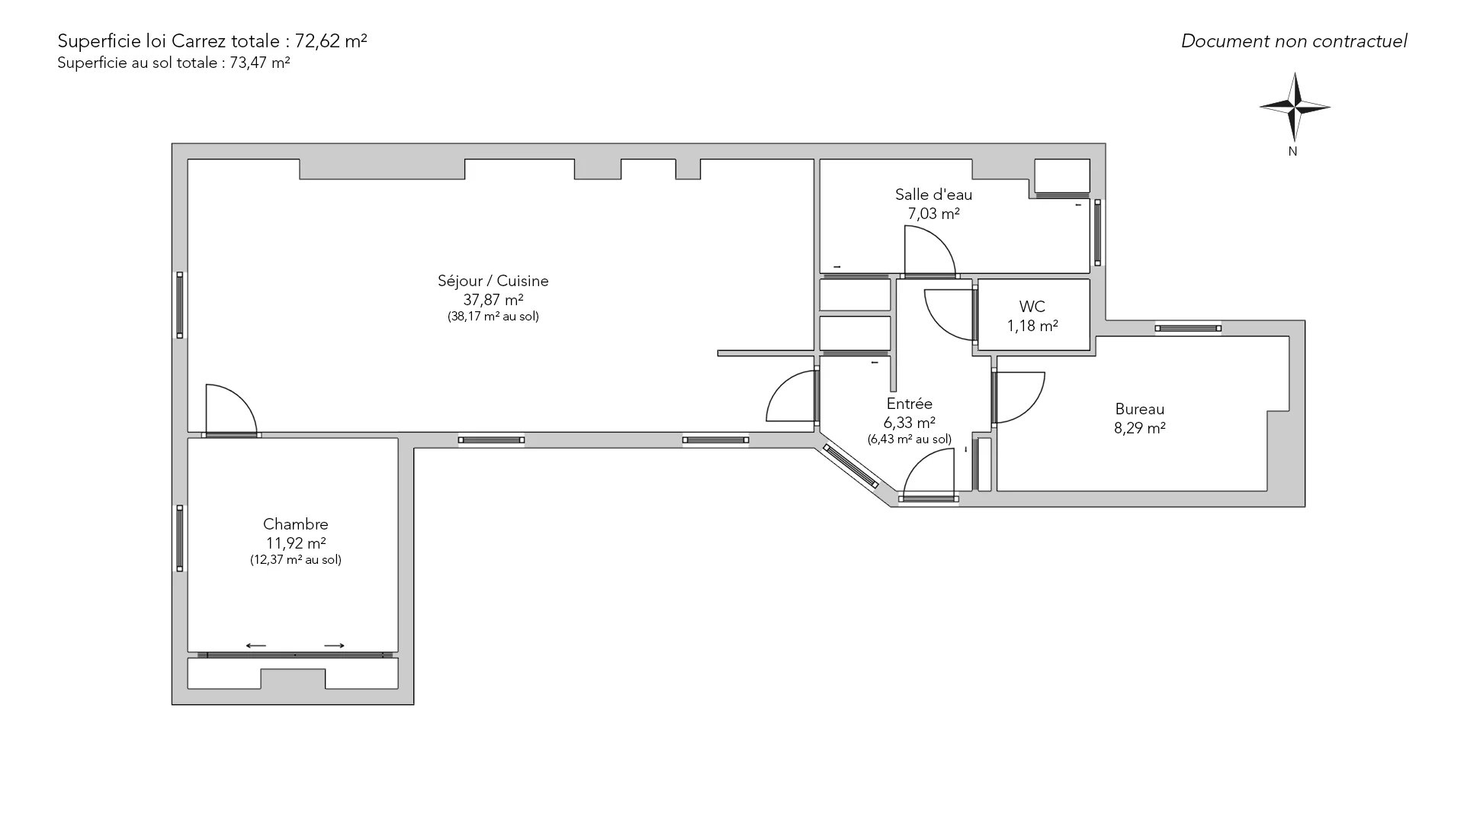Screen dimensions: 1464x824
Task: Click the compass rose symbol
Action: (x=1295, y=107)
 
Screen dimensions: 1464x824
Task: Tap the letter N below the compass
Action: (x=1293, y=152)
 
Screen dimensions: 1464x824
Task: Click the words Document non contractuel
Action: (x=1294, y=41)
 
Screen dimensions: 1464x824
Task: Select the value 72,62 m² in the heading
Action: (x=331, y=41)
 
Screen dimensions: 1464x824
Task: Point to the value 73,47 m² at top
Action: (x=260, y=63)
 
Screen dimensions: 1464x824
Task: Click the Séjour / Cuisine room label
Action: (x=493, y=281)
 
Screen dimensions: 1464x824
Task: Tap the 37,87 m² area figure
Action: (x=493, y=300)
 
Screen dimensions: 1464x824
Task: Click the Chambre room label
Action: (x=296, y=524)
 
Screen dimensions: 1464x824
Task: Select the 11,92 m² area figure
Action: (x=296, y=543)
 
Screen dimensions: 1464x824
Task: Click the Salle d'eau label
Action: (x=933, y=195)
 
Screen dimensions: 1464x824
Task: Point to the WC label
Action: (x=1032, y=307)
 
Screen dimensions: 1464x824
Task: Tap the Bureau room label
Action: (x=1140, y=409)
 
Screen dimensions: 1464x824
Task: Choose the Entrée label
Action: (x=910, y=404)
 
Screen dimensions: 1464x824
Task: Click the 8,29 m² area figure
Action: (x=1140, y=428)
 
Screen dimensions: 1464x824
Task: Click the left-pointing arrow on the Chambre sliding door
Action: (x=256, y=645)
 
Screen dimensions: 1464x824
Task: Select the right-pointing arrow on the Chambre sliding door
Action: (x=334, y=645)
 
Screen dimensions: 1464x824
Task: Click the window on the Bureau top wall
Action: (x=1188, y=328)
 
